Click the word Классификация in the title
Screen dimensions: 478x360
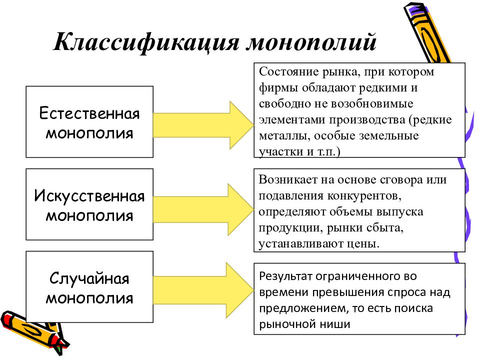146,42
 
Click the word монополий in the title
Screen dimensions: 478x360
311,42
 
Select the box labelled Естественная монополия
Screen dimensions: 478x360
89,122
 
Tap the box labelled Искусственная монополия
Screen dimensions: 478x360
89,204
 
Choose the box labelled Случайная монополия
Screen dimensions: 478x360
89,287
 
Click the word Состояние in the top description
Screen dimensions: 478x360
288,72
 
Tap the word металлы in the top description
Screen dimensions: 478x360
284,136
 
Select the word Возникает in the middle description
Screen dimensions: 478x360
288,180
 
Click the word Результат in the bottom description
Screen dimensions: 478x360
286,276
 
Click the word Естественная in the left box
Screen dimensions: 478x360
89,113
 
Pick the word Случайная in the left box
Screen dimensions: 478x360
89,278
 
